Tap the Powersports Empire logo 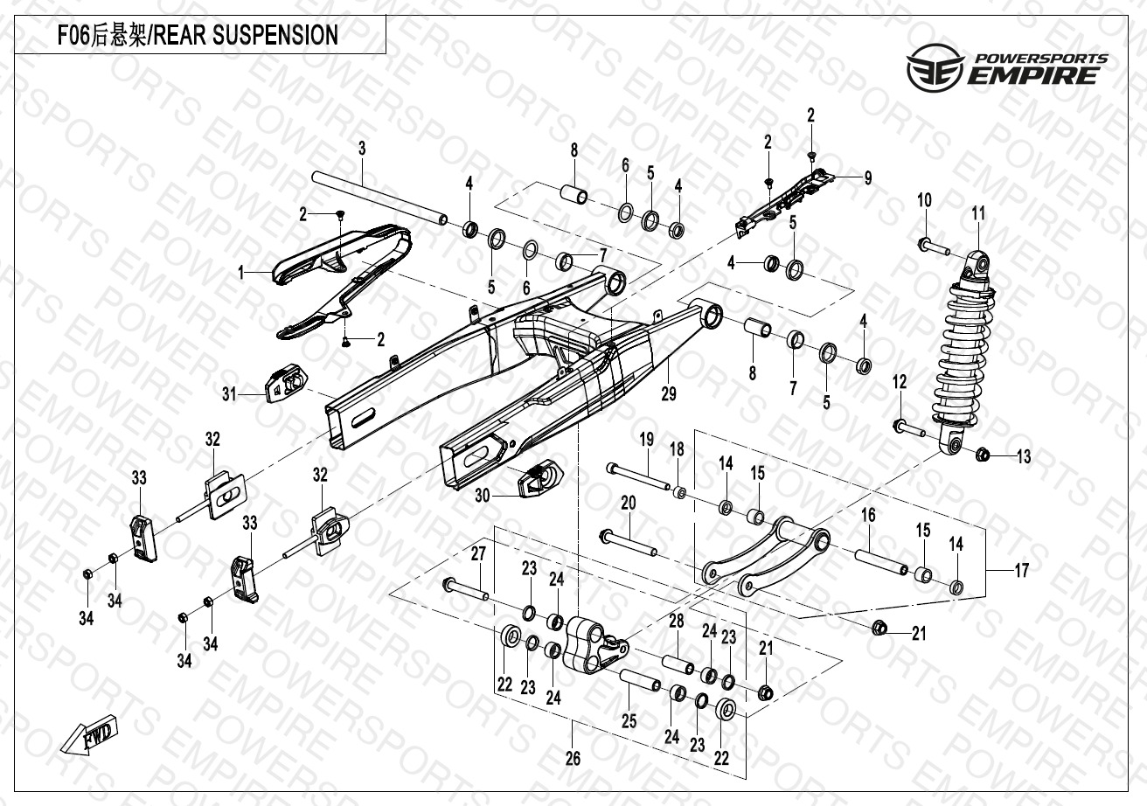(1005, 69)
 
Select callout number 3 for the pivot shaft (362, 148)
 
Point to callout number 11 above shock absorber (978, 213)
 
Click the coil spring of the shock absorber (965, 350)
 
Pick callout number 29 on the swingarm (669, 394)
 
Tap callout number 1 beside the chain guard (241, 273)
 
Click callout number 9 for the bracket (867, 178)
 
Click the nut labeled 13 (982, 454)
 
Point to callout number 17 (1021, 571)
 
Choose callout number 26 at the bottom (573, 759)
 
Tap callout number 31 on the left (230, 395)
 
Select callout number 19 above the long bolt (646, 439)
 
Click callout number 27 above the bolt (478, 553)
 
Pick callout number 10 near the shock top (924, 201)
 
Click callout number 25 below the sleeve (629, 721)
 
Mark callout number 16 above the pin (868, 516)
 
